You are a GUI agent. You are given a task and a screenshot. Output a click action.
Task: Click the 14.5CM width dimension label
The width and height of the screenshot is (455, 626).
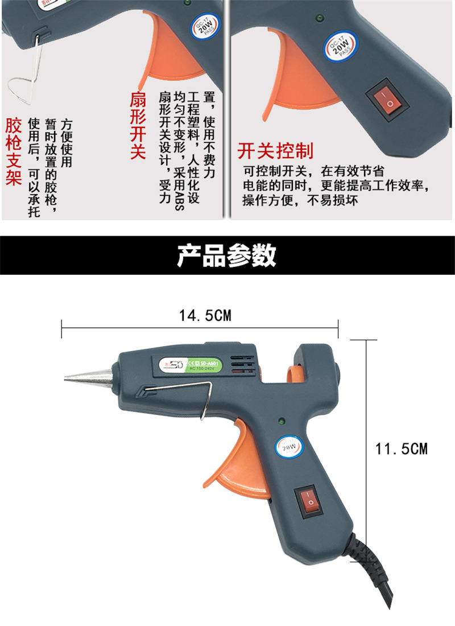coord(205,316)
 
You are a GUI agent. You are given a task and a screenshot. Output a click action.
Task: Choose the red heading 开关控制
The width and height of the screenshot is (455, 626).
coord(275,151)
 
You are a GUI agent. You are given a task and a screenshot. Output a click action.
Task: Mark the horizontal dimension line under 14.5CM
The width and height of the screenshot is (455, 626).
coord(199,328)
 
